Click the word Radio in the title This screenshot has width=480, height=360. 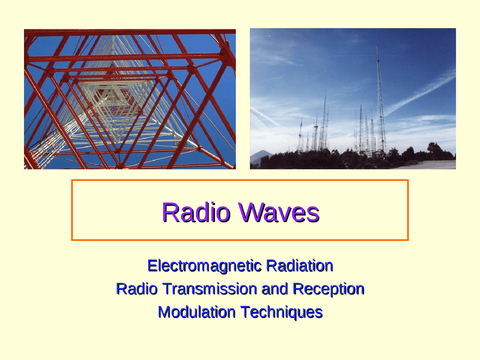click(195, 212)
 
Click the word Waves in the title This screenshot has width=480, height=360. click(279, 212)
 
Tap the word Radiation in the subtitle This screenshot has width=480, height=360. click(299, 266)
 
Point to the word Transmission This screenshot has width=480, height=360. click(210, 289)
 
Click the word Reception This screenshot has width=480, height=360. click(328, 289)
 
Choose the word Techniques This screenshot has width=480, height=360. click(281, 312)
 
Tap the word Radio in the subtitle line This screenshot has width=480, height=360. click(136, 289)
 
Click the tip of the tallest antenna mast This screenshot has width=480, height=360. click(377, 45)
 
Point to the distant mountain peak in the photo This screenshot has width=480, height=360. click(262, 152)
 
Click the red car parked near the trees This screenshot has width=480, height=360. click(412, 162)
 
